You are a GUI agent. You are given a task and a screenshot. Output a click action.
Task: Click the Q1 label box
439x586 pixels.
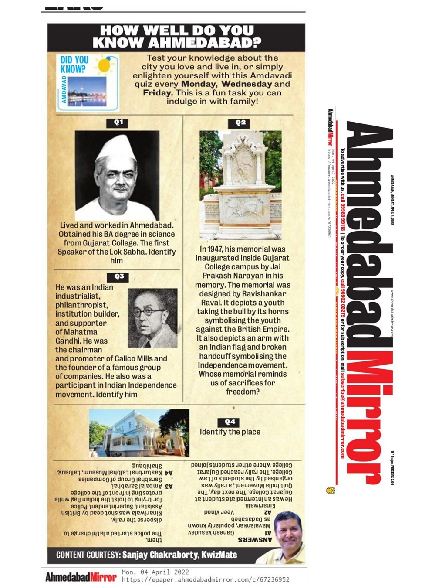(x=118, y=123)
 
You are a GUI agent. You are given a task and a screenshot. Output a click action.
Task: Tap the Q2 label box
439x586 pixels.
(x=240, y=123)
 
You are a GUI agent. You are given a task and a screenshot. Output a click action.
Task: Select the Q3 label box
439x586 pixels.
(x=119, y=277)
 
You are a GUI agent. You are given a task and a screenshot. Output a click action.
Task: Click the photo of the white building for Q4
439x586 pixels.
(x=139, y=433)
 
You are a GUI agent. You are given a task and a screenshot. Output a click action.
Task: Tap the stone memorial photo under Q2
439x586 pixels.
(x=241, y=185)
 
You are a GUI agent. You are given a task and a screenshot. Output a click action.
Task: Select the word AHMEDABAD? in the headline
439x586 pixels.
(x=205, y=43)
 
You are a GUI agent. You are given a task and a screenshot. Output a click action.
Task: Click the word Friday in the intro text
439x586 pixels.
(x=157, y=93)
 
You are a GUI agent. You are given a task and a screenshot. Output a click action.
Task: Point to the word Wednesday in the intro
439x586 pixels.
(x=247, y=84)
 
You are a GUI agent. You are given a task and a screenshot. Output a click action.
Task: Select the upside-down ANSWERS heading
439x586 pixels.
(x=254, y=540)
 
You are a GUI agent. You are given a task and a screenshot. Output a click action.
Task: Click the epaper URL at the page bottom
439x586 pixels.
(x=206, y=580)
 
